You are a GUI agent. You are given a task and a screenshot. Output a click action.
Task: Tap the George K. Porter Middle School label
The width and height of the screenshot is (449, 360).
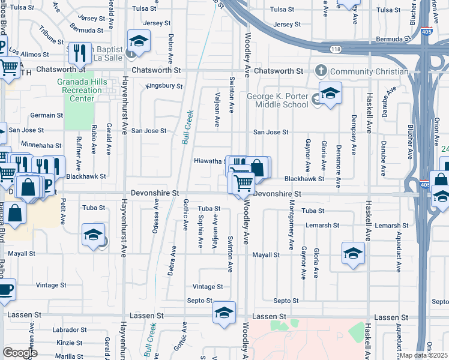[x=277, y=101]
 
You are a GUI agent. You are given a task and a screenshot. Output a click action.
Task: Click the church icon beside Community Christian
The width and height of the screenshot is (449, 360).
[x=321, y=71]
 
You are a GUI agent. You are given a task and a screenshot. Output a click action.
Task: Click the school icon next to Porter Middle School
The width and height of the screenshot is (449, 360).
[x=330, y=94]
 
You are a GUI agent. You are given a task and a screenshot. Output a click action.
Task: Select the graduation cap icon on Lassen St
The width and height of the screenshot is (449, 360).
[x=224, y=313]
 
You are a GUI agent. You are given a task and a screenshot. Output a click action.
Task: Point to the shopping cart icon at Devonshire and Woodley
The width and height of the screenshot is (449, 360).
[x=243, y=182]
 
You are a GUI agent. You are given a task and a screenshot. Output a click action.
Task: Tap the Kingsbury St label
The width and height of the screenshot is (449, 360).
[x=164, y=86]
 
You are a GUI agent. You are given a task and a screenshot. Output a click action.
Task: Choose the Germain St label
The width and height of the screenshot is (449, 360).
[x=43, y=115]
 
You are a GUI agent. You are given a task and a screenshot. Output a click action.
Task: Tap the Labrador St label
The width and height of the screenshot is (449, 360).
[x=70, y=330]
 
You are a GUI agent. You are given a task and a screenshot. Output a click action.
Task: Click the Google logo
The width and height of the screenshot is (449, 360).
[x=20, y=353]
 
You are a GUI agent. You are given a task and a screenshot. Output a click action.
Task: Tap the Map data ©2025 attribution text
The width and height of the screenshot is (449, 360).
[x=424, y=356]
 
